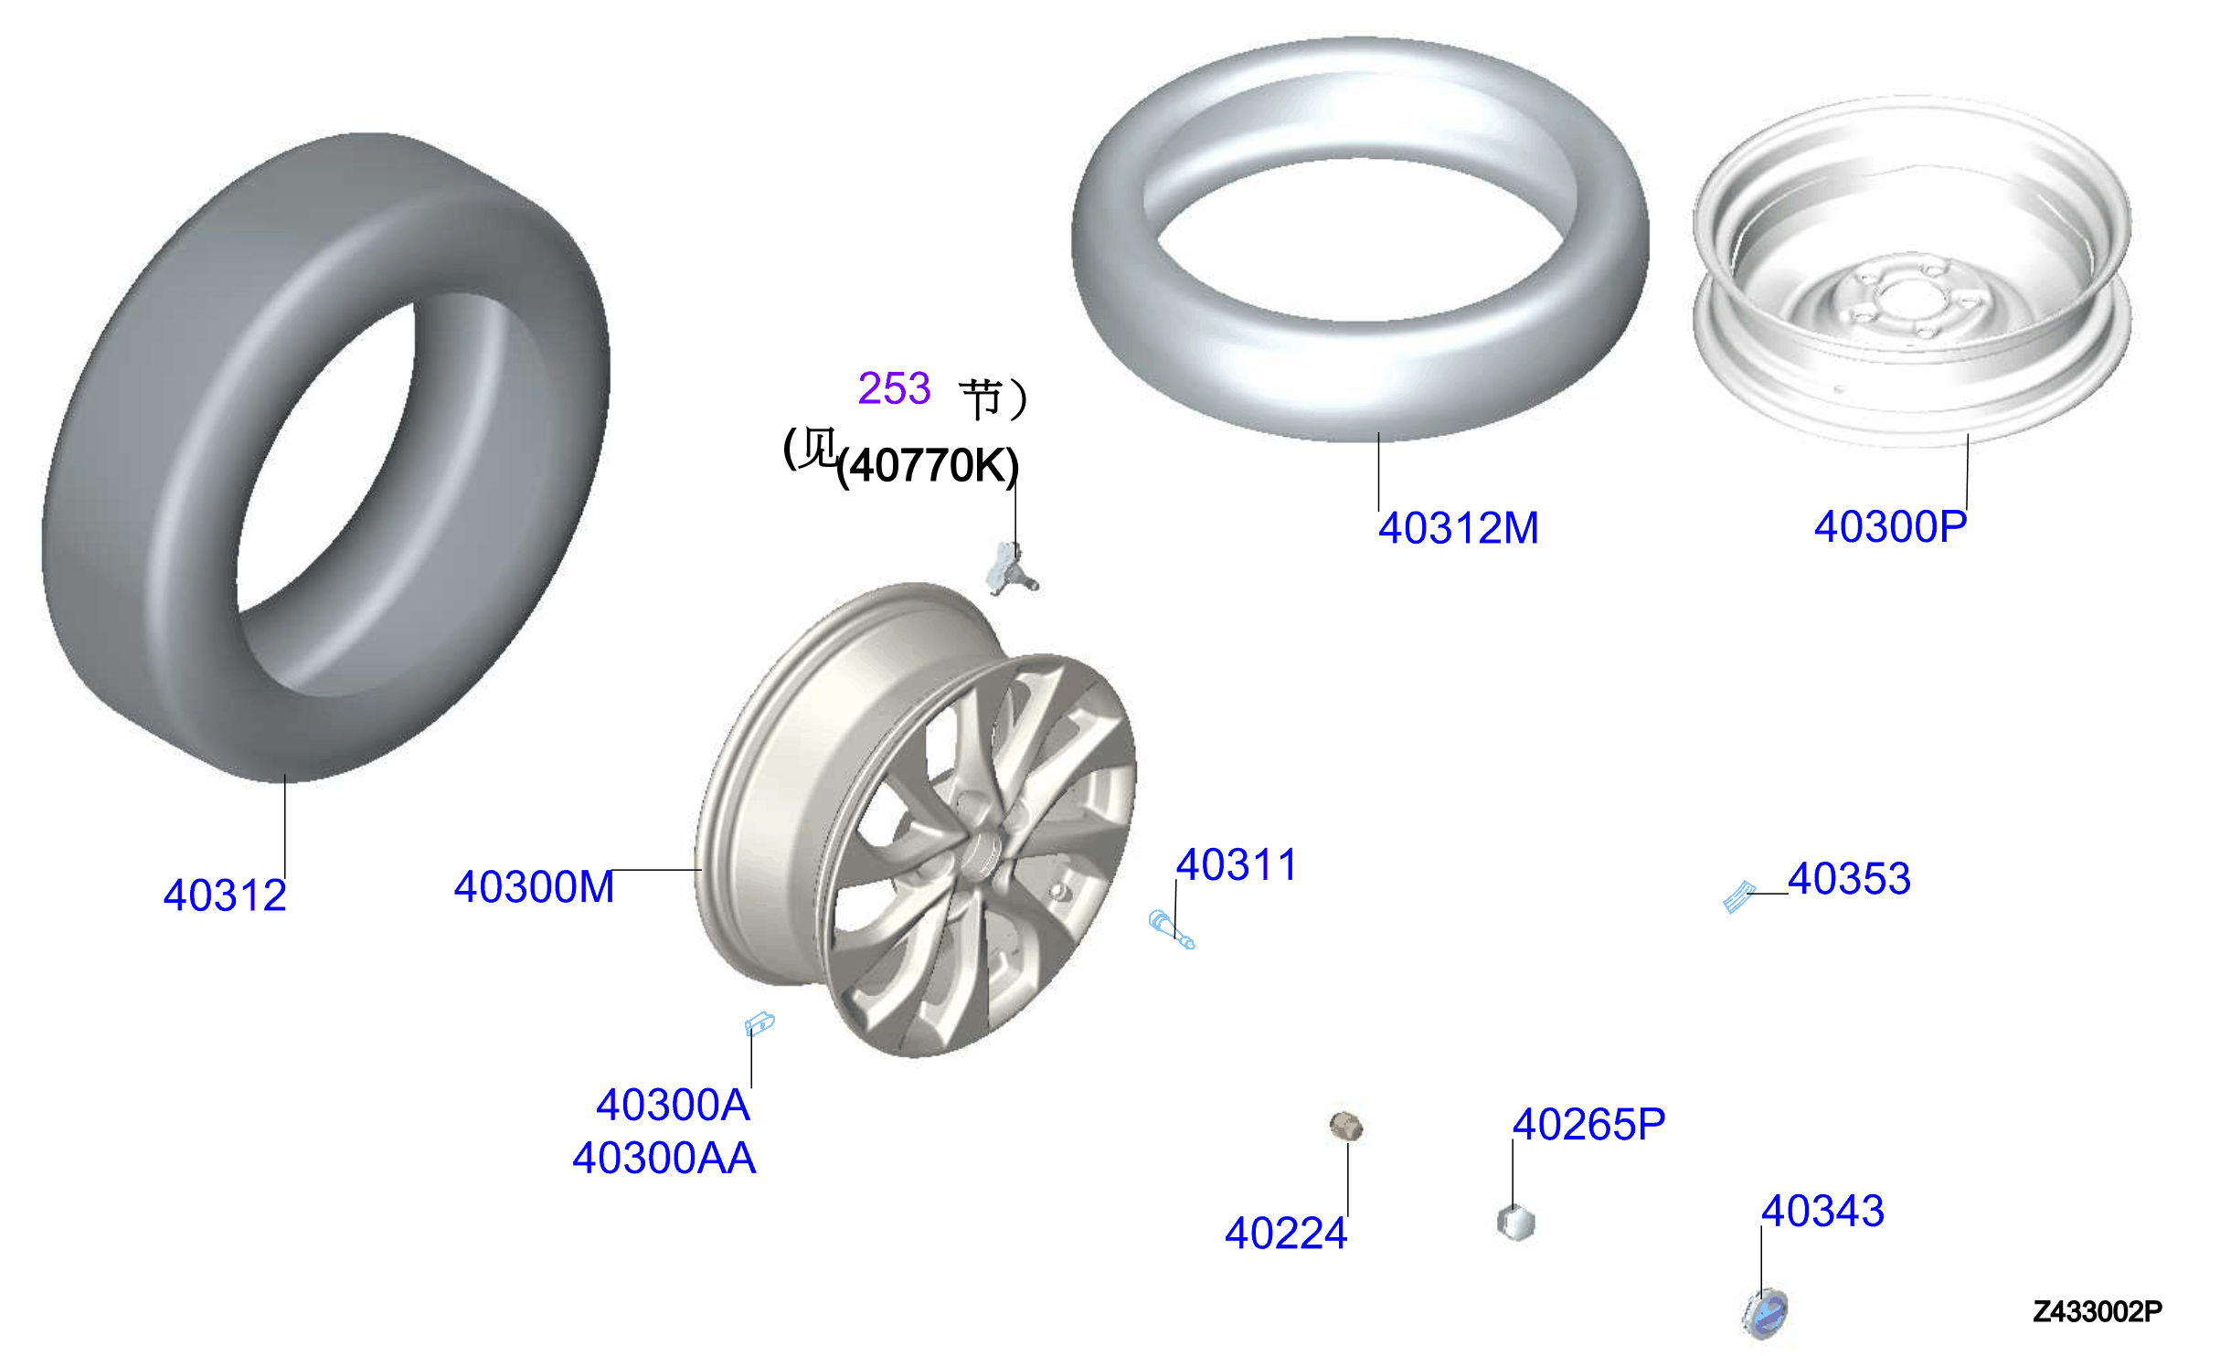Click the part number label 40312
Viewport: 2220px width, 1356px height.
[225, 895]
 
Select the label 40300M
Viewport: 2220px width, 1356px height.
[535, 887]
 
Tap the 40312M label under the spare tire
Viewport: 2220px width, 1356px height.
[1459, 528]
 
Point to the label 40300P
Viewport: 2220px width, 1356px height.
[1890, 526]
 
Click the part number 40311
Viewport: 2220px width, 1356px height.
[1237, 864]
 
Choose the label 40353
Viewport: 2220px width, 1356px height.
[1849, 878]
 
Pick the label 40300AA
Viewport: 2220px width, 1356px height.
[664, 1158]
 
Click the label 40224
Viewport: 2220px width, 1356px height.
[1286, 1233]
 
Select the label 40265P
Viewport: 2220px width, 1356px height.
[1589, 1124]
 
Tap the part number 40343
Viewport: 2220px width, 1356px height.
[1822, 1211]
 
